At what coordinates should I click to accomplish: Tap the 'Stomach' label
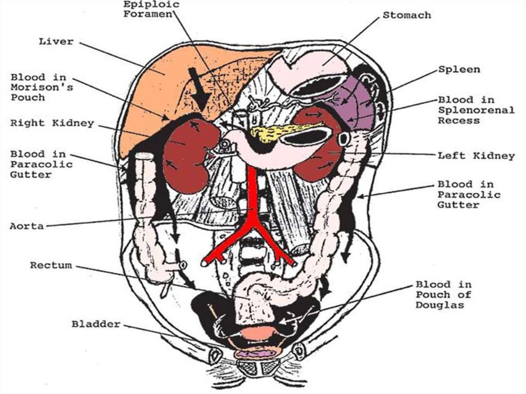406,15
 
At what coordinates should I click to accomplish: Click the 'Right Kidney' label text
52,123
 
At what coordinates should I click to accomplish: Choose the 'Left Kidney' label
475,156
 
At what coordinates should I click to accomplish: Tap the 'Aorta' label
26,226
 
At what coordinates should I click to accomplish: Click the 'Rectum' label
51,266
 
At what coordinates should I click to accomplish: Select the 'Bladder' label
96,324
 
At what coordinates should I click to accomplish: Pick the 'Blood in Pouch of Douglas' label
443,294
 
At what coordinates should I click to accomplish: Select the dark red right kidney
186,154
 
